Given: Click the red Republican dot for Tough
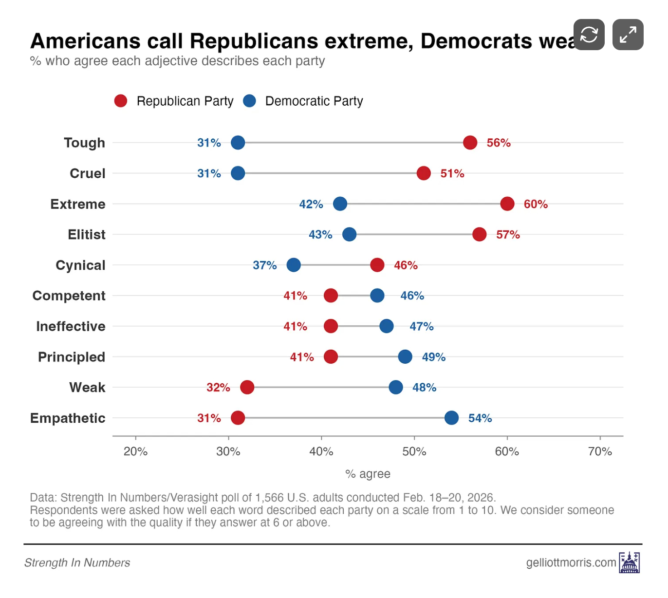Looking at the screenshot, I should pyautogui.click(x=470, y=143).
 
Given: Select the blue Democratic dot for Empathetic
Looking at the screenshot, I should pyautogui.click(x=451, y=418).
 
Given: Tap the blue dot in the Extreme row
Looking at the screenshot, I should pyautogui.click(x=340, y=204).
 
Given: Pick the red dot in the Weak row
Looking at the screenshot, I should pyautogui.click(x=247, y=387).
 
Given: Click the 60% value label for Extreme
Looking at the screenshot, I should pyautogui.click(x=536, y=205).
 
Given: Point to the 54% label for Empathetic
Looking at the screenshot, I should pyautogui.click(x=480, y=418).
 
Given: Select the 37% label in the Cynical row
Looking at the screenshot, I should pyautogui.click(x=264, y=265).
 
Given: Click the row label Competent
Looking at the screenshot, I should pyautogui.click(x=69, y=296).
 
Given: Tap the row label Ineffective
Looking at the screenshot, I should pyautogui.click(x=71, y=326).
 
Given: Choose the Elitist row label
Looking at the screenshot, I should pyautogui.click(x=87, y=235).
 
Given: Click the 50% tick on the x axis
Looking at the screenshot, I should pyautogui.click(x=414, y=451).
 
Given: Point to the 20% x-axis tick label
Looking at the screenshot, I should pyautogui.click(x=135, y=451).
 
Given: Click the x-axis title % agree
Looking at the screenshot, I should pyautogui.click(x=368, y=474).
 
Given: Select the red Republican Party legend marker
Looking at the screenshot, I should pyautogui.click(x=121, y=101).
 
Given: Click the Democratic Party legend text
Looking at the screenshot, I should pyautogui.click(x=314, y=101).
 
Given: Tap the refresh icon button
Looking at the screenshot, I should pyautogui.click(x=589, y=35).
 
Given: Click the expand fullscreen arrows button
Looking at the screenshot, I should pyautogui.click(x=628, y=35).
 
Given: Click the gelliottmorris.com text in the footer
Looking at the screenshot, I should pyautogui.click(x=571, y=562).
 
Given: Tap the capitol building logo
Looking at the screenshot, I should pyautogui.click(x=630, y=562).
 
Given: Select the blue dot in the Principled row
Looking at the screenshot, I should pyautogui.click(x=405, y=356).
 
